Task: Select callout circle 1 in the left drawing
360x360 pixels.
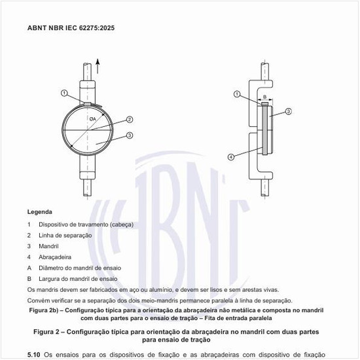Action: click(x=64, y=92)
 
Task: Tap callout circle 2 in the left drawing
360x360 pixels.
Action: click(x=130, y=119)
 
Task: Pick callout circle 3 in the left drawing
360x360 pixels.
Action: click(x=130, y=135)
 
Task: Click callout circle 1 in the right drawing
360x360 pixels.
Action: click(x=236, y=94)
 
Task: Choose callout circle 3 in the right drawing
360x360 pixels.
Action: click(x=289, y=113)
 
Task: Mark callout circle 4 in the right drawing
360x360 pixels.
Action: click(x=231, y=157)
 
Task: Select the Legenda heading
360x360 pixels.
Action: click(x=40, y=212)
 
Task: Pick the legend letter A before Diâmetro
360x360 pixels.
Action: click(x=29, y=267)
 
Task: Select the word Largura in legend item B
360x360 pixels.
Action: click(x=49, y=278)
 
